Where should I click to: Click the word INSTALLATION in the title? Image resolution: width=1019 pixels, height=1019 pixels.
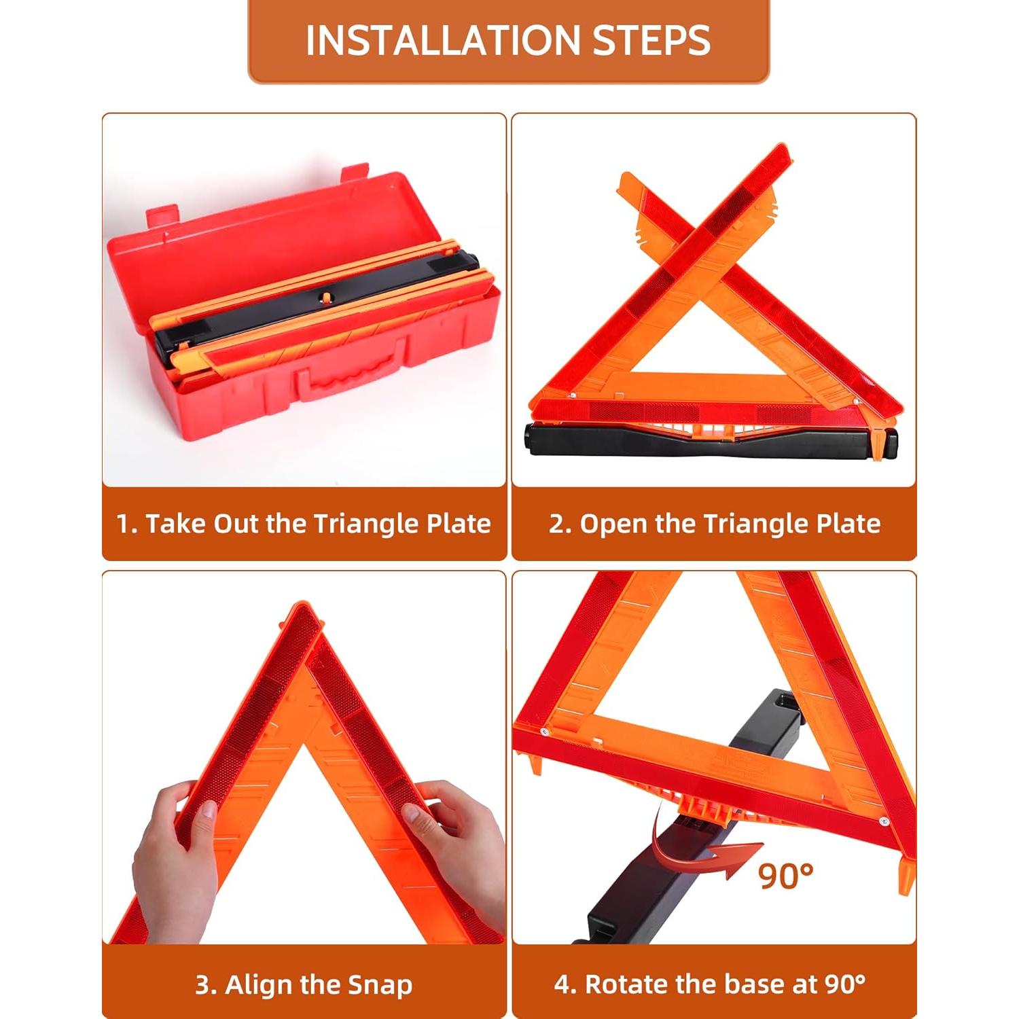(444, 41)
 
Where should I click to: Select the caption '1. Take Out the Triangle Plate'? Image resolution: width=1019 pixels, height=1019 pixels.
(304, 524)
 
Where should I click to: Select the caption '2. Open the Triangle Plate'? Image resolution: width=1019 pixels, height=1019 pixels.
(714, 524)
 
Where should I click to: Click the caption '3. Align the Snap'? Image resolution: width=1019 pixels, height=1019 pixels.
(304, 984)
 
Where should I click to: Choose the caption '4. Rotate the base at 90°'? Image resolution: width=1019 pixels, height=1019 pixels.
(710, 984)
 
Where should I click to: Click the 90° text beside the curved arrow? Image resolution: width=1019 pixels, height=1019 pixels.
(785, 876)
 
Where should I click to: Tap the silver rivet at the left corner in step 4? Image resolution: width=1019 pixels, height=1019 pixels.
(545, 732)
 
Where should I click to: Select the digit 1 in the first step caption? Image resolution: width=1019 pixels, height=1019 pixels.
(123, 524)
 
